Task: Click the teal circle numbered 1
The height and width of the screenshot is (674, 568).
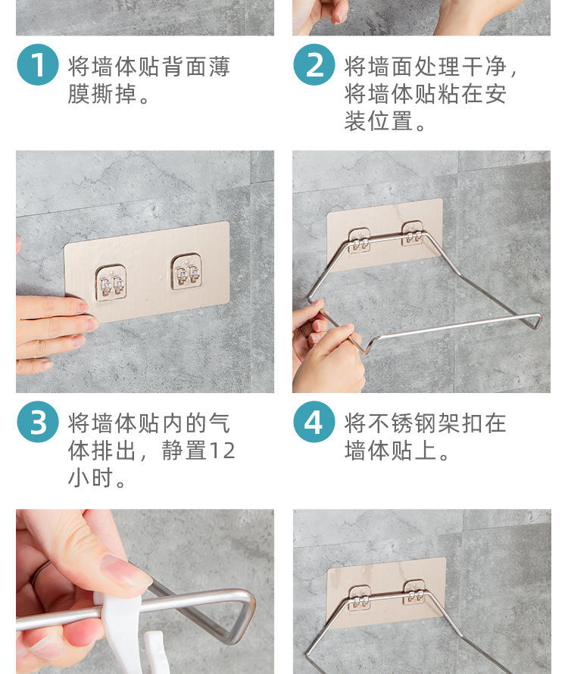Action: (38, 64)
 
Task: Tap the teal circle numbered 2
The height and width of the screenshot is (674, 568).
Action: (314, 64)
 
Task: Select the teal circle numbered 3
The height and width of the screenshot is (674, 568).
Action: (38, 422)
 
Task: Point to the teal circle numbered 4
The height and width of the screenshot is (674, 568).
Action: (314, 422)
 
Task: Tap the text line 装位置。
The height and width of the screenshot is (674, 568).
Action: (385, 121)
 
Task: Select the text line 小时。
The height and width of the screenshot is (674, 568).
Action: (96, 478)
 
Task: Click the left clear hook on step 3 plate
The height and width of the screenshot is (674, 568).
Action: (111, 282)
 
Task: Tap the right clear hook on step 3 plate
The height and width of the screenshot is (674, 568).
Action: (186, 271)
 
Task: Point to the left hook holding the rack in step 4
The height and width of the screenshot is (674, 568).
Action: (359, 240)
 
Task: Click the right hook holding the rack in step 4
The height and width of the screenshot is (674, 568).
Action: (412, 234)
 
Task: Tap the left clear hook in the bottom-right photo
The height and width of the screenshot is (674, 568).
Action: (360, 598)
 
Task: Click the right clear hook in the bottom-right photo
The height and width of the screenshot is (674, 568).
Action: (414, 592)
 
